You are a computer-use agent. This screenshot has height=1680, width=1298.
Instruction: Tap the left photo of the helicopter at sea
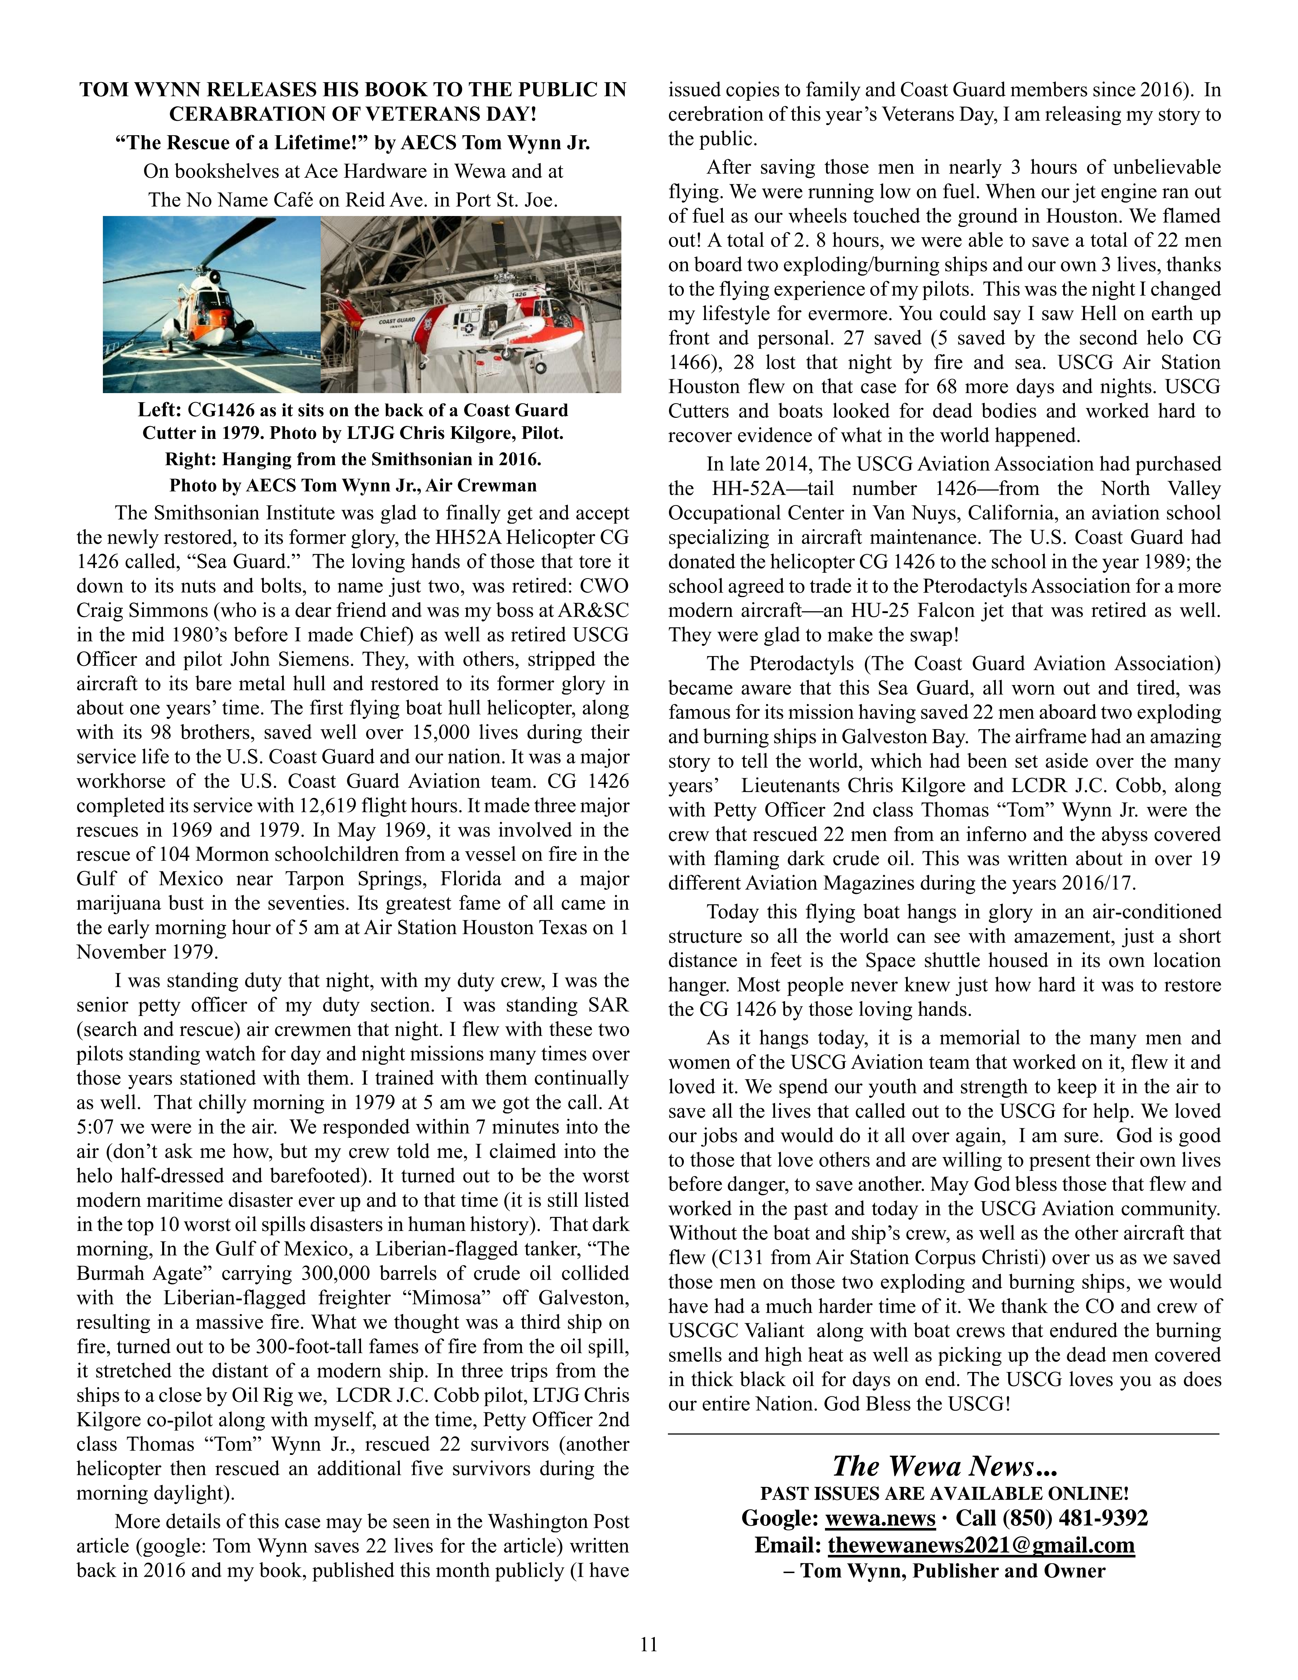(x=212, y=305)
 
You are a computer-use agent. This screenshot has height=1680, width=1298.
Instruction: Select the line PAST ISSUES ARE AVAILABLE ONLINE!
(x=944, y=1493)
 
